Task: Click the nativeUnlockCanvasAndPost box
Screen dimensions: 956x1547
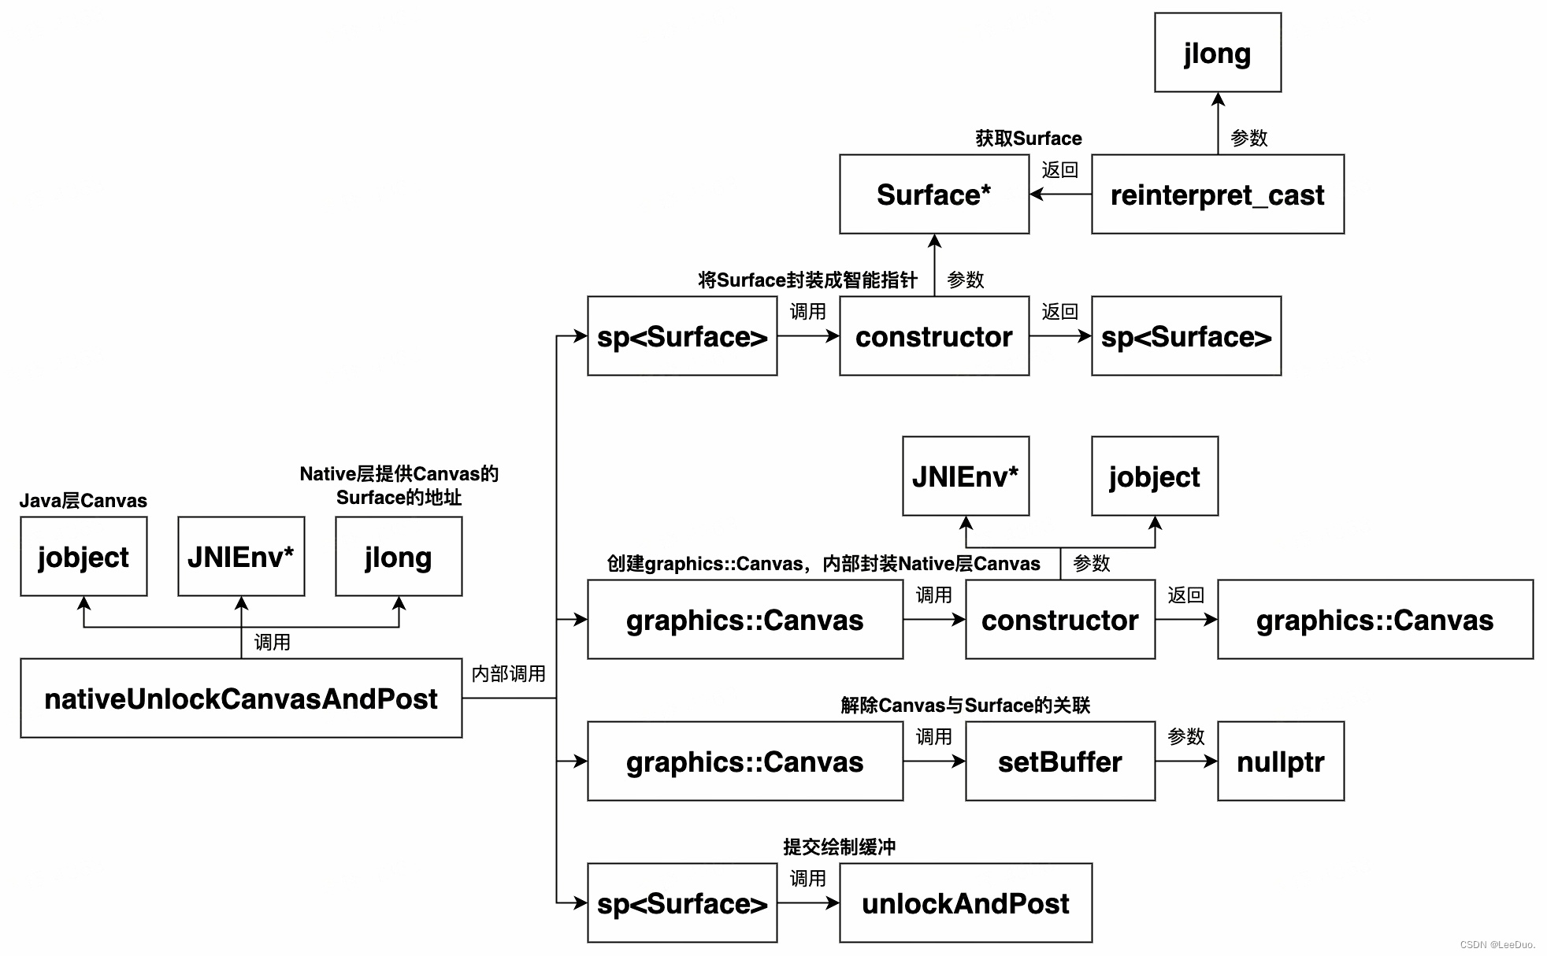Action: [x=241, y=698]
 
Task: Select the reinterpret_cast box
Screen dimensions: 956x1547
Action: [x=1217, y=195]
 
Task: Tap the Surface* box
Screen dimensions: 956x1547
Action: [x=934, y=195]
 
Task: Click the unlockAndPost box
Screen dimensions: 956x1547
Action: [x=966, y=903]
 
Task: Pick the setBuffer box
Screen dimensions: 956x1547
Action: [x=1060, y=761]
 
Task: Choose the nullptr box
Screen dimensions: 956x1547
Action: [x=1281, y=761]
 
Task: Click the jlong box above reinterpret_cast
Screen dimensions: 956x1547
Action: [x=1218, y=53]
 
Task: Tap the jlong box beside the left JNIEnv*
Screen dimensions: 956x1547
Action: [x=399, y=557]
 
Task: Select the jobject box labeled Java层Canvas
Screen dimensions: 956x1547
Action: [x=83, y=557]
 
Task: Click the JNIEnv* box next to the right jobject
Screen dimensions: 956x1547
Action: [x=966, y=476]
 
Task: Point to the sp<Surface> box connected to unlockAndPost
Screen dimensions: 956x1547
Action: [x=682, y=903]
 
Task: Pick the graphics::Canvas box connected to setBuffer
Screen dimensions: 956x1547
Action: [x=745, y=761]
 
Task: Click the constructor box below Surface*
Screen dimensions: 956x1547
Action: [x=934, y=336]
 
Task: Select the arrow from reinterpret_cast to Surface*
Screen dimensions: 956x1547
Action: [x=1060, y=194]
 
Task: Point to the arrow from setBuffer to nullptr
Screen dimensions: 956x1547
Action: [x=1186, y=761]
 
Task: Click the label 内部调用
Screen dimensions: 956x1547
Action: [x=508, y=674]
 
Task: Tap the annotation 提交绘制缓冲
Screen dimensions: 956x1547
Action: [x=839, y=847]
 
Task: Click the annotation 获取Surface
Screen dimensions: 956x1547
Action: [x=1028, y=139]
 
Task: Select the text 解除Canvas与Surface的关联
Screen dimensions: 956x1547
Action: [x=965, y=706]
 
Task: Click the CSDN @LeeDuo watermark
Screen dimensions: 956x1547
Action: [x=1497, y=945]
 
